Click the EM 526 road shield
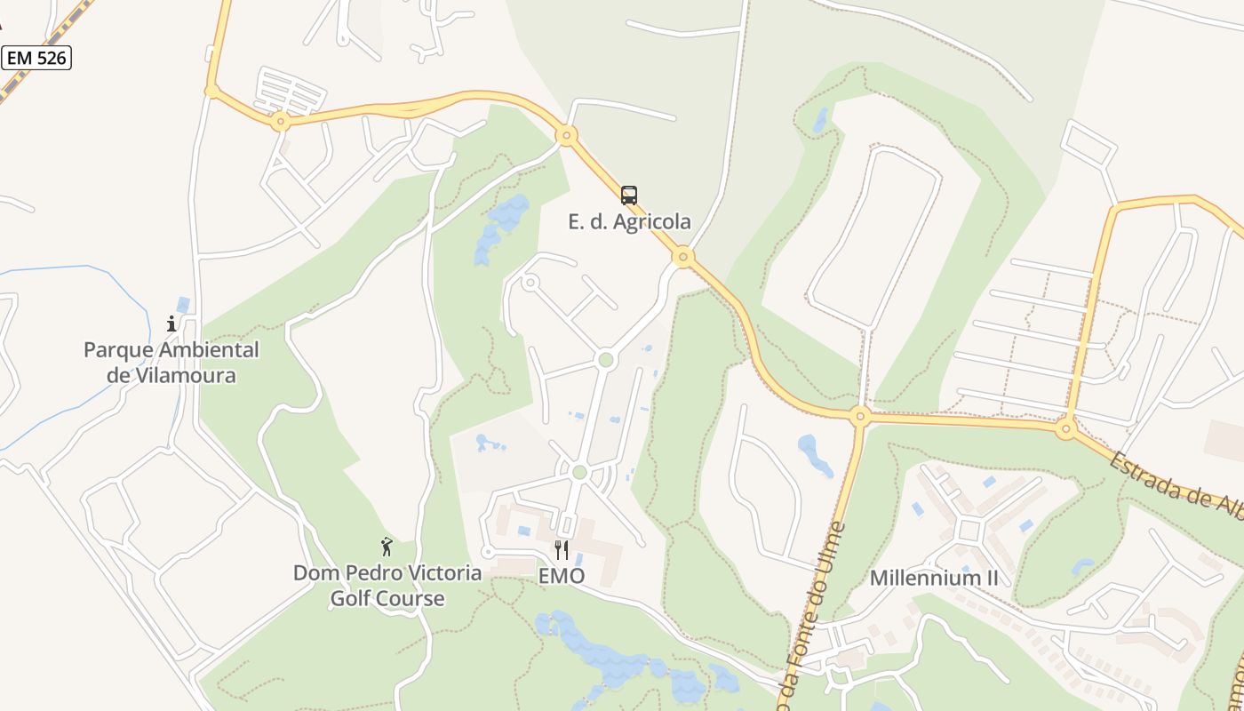point(36,59)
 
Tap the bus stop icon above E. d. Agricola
point(629,196)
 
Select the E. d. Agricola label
point(629,221)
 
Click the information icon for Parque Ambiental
point(172,324)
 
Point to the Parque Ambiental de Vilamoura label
point(171,362)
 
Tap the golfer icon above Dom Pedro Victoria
point(387,547)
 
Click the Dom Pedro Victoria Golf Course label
point(387,585)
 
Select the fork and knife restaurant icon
point(561,550)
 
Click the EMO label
point(562,576)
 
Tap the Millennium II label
point(934,578)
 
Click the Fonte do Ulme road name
point(811,613)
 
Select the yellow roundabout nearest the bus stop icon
point(682,258)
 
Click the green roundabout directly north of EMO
point(579,472)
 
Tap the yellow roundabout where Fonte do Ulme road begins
point(859,415)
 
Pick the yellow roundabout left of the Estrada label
point(1066,429)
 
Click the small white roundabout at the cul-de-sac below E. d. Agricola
point(530,284)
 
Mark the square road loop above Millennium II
point(969,531)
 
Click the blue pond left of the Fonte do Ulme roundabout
point(814,454)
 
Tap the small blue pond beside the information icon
point(183,305)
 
